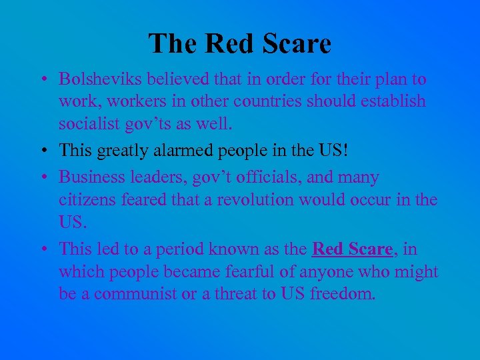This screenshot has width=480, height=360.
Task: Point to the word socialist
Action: coord(89,124)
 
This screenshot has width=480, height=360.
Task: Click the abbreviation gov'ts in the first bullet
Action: coord(148,125)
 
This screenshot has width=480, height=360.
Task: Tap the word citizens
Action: coord(85,199)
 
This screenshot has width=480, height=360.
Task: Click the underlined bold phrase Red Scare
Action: coord(352,249)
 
